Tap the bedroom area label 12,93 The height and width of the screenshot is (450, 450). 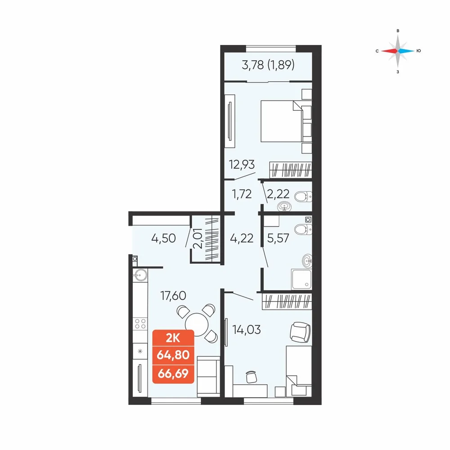[x=242, y=165]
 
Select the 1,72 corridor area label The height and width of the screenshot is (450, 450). [x=242, y=194]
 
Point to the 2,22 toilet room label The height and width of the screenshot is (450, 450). [x=278, y=194]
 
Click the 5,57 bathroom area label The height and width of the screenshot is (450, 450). [x=278, y=238]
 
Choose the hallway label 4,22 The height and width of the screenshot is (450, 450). [x=242, y=238]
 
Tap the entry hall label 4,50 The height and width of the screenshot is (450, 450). [x=163, y=238]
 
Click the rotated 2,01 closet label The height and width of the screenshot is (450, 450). [x=198, y=238]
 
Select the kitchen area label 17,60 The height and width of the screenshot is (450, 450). [x=173, y=295]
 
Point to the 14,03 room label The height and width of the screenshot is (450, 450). [x=247, y=329]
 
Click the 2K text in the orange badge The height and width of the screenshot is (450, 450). [x=173, y=339]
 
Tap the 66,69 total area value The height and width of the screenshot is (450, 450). [x=173, y=373]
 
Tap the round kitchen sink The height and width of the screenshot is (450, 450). [x=140, y=275]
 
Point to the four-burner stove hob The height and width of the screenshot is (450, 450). [x=140, y=324]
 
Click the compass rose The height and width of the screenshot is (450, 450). [x=398, y=51]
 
